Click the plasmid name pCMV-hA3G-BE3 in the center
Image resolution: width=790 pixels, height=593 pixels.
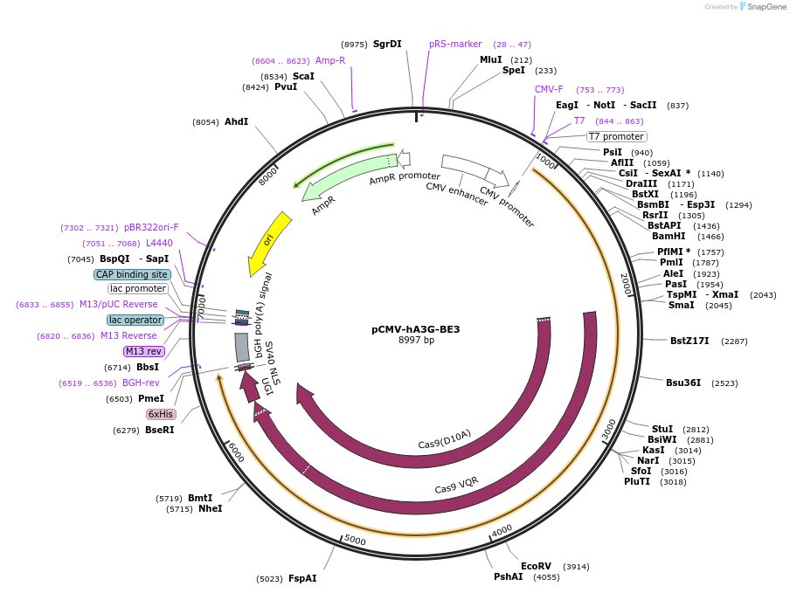click(x=415, y=329)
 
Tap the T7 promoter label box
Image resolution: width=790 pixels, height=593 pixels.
click(x=616, y=136)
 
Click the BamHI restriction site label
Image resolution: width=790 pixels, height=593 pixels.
click(x=669, y=236)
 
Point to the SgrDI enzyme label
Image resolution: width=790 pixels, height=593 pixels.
click(x=387, y=44)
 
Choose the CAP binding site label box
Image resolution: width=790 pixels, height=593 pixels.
click(x=132, y=274)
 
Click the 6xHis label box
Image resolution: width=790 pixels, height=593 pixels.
click(x=161, y=414)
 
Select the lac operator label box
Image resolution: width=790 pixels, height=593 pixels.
click(x=135, y=320)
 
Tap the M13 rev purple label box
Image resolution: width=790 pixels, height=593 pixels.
click(x=143, y=351)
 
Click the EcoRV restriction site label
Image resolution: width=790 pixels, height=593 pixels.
click(x=536, y=566)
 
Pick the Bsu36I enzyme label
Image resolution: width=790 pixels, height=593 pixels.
click(x=683, y=383)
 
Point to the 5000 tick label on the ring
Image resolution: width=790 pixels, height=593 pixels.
click(x=355, y=541)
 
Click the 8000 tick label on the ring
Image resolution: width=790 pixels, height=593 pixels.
click(x=267, y=176)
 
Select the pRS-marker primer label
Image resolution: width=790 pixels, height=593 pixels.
click(x=455, y=44)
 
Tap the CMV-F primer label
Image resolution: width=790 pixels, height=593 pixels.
click(x=549, y=89)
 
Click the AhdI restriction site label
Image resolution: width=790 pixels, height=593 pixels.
click(x=236, y=121)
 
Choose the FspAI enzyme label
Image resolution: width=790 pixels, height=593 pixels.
click(x=302, y=578)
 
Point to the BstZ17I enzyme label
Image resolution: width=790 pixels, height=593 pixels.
click(x=690, y=341)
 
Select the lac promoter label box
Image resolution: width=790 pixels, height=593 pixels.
click(x=138, y=288)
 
